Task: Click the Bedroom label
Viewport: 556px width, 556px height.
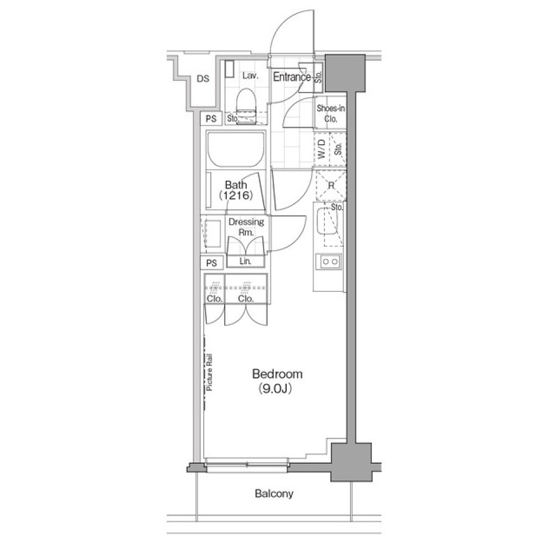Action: pyautogui.click(x=277, y=374)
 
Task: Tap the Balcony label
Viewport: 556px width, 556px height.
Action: pyautogui.click(x=274, y=494)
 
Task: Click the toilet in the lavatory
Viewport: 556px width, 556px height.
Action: pyautogui.click(x=247, y=103)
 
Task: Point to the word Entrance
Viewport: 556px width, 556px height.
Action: pyautogui.click(x=292, y=76)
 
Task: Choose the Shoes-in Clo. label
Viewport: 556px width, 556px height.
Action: pyautogui.click(x=331, y=114)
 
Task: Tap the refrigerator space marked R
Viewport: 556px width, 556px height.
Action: pyautogui.click(x=331, y=186)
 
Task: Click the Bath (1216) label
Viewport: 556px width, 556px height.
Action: pyautogui.click(x=236, y=191)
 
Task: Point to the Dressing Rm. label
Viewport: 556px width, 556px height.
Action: pyautogui.click(x=246, y=226)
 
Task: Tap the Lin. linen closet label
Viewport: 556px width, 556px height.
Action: pyautogui.click(x=246, y=262)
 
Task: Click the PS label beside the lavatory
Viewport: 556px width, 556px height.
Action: pyautogui.click(x=211, y=119)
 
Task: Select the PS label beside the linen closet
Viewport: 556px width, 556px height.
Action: pyautogui.click(x=211, y=263)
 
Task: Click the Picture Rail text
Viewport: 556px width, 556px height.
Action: pyautogui.click(x=210, y=373)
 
